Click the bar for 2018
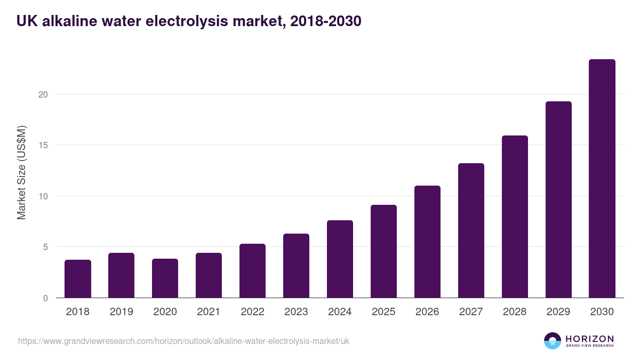click(78, 279)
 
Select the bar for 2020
click(165, 278)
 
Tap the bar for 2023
click(296, 266)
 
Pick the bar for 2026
click(427, 242)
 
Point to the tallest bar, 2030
click(602, 179)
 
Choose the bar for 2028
click(515, 217)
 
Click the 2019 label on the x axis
click(122, 312)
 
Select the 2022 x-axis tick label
click(252, 312)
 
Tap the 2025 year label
click(383, 312)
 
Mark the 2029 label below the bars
click(558, 312)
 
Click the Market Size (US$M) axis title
click(21, 172)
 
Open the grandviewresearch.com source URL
click(183, 341)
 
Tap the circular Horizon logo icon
click(553, 341)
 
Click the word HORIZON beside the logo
click(589, 339)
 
